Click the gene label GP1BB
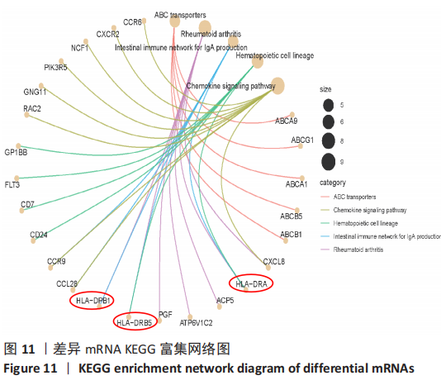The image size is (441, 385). (16, 153)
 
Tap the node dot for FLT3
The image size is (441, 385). (17, 178)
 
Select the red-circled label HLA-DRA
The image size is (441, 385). (251, 284)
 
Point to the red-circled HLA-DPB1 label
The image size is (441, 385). (92, 301)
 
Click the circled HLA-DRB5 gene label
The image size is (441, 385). (135, 322)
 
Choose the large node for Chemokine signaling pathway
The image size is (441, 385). (277, 86)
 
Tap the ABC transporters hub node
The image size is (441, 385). (174, 21)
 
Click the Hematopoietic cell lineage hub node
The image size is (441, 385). (258, 61)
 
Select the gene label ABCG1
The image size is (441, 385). (302, 140)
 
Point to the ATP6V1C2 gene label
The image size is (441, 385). (196, 323)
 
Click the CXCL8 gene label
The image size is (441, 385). (274, 261)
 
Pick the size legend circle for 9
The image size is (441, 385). (328, 162)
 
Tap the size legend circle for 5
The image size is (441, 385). (328, 105)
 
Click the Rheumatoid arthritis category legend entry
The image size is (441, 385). (352, 250)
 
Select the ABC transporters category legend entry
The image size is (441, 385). (349, 197)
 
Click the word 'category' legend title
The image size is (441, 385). (333, 183)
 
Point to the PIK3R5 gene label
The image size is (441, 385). (55, 68)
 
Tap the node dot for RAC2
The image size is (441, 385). (26, 115)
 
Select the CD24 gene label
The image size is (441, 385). (39, 235)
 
